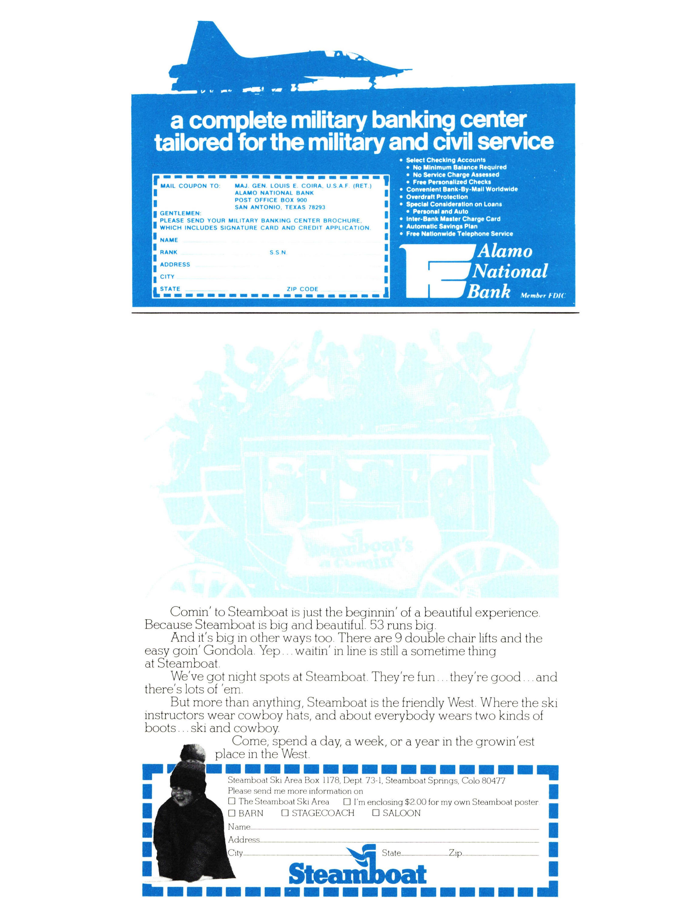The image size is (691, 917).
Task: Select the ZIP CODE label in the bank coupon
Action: (302, 289)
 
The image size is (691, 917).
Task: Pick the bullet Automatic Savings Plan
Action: (441, 226)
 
